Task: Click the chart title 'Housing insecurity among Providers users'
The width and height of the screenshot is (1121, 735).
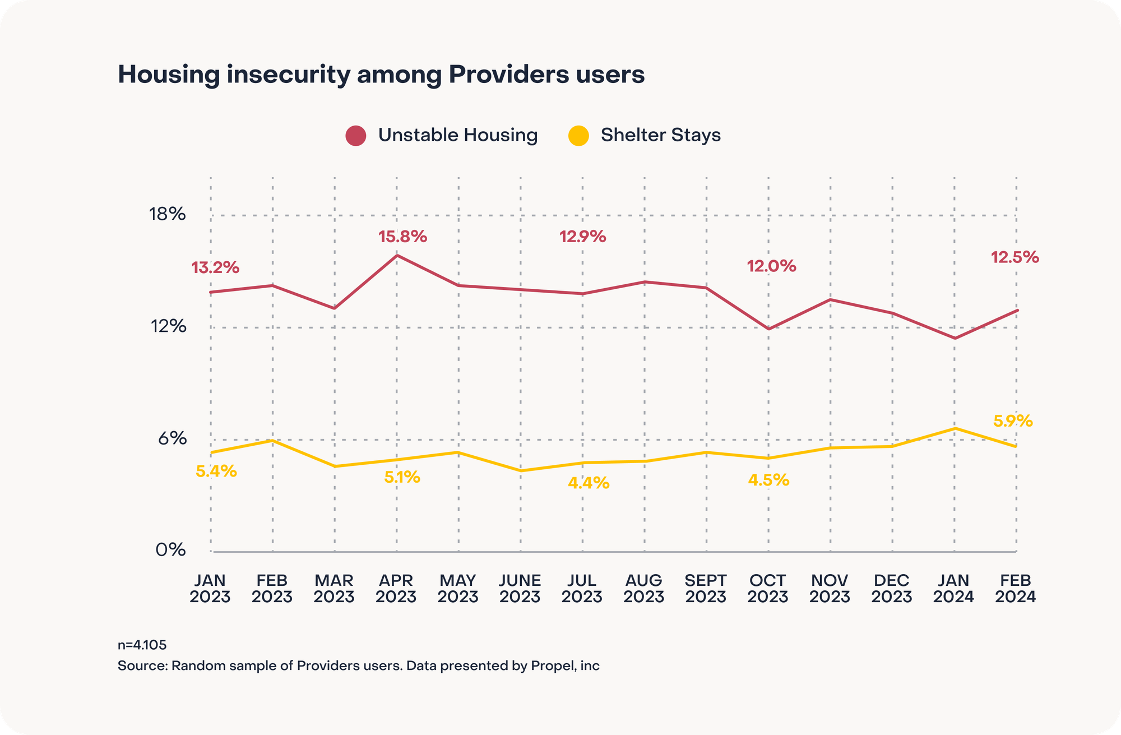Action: click(381, 75)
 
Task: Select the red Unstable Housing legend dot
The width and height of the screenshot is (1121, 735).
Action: click(356, 136)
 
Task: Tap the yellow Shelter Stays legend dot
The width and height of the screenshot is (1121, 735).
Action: click(578, 136)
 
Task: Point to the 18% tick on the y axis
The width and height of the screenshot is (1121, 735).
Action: click(167, 214)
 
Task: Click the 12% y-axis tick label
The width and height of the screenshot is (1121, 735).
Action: click(168, 326)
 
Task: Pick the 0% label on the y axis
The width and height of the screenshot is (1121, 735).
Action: click(170, 550)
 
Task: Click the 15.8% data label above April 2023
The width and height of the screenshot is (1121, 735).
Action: click(402, 237)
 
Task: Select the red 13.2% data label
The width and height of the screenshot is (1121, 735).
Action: click(215, 268)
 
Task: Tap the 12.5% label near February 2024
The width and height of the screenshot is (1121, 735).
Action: click(1015, 257)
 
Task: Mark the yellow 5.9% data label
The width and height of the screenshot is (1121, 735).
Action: click(1012, 421)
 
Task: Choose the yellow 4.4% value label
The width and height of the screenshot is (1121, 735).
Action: click(589, 483)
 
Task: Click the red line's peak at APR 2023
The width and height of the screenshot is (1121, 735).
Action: click(397, 256)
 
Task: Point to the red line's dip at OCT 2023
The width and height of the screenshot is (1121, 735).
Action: click(768, 329)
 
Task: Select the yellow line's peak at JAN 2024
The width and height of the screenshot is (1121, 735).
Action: click(955, 428)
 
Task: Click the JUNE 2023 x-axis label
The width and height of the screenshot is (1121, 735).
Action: click(520, 588)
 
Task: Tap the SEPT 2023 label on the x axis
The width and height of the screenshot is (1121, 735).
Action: click(706, 588)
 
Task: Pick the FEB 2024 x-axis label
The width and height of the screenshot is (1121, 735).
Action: click(1015, 588)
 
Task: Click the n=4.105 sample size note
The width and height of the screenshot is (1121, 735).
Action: click(142, 645)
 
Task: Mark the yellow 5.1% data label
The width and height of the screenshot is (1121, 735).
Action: click(402, 478)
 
